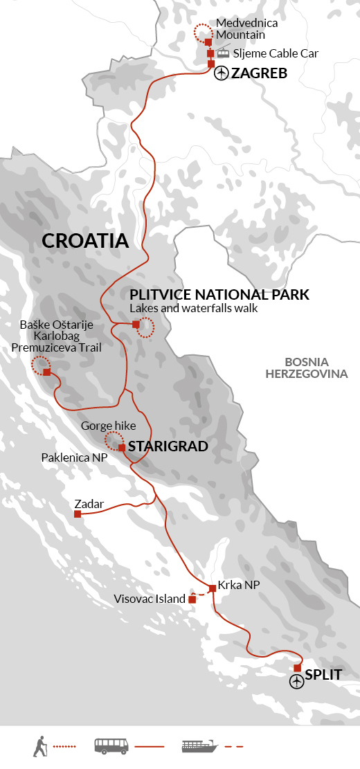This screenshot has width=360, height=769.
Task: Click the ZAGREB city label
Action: pyautogui.click(x=259, y=73)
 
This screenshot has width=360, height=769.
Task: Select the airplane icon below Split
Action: pyautogui.click(x=297, y=682)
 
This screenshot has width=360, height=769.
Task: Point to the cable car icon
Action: pyautogui.click(x=224, y=53)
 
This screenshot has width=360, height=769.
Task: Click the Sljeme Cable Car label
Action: pyautogui.click(x=267, y=53)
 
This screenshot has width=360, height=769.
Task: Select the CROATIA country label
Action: pyautogui.click(x=85, y=241)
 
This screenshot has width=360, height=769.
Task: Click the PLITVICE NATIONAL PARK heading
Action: pyautogui.click(x=219, y=295)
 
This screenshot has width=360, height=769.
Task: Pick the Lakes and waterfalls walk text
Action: pyautogui.click(x=194, y=308)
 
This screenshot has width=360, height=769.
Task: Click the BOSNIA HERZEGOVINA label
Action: pyautogui.click(x=316, y=368)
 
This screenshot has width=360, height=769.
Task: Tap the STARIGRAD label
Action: pyautogui.click(x=168, y=446)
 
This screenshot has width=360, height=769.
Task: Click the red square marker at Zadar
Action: pyautogui.click(x=78, y=514)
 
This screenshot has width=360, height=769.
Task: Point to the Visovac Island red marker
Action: pyautogui.click(x=192, y=600)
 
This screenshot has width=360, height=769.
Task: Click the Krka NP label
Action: pyautogui.click(x=238, y=586)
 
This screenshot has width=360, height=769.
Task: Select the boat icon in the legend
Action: pyautogui.click(x=199, y=746)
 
